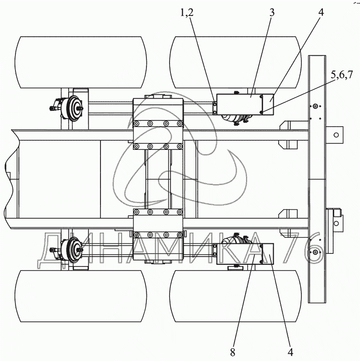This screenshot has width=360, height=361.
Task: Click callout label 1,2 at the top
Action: [187, 13]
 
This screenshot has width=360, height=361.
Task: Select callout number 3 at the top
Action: [272, 13]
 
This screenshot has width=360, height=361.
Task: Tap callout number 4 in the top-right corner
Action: [321, 13]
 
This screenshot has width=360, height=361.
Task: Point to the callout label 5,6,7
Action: [342, 75]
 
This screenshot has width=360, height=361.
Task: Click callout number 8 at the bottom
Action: [232, 352]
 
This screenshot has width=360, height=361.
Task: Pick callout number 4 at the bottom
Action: [290, 352]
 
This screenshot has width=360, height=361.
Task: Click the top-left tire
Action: [80, 62]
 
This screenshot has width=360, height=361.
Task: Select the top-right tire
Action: [235, 62]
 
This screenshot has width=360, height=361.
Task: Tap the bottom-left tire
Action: [80, 296]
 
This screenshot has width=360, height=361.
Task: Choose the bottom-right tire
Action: [235, 296]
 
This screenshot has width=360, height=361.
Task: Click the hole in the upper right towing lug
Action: [336, 135]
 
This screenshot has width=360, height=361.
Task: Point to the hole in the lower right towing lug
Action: [336, 223]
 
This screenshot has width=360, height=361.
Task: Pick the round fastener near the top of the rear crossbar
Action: [315, 106]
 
